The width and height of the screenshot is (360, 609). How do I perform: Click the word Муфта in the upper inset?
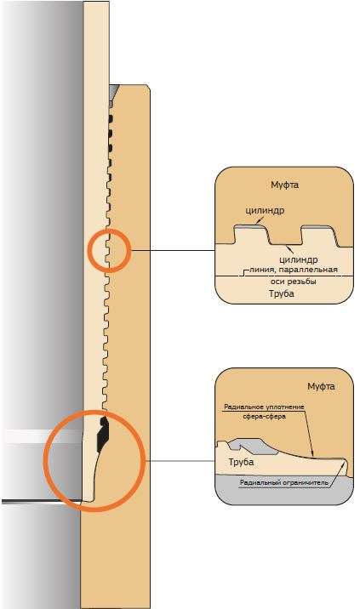tap(284, 185)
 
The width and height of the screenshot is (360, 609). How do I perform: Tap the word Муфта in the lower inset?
tap(321, 386)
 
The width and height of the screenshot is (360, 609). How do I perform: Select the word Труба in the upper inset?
tap(282, 293)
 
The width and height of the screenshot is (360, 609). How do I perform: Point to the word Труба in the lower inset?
tap(241, 462)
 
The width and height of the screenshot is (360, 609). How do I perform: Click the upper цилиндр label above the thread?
tap(265, 210)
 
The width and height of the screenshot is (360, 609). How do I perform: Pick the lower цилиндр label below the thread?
tap(298, 259)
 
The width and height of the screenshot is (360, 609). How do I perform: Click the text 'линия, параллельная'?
tap(293, 270)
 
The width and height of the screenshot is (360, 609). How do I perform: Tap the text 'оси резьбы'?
tap(293, 282)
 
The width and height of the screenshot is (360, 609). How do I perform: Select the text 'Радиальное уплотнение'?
tap(264, 407)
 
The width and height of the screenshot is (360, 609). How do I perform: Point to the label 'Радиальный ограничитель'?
tap(283, 483)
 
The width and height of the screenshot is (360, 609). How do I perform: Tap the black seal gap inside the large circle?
tap(103, 433)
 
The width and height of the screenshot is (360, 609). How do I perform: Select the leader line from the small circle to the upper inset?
tap(173, 251)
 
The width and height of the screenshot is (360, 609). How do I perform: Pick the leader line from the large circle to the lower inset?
tap(180, 461)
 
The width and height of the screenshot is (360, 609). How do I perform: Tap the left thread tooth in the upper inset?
tap(249, 235)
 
